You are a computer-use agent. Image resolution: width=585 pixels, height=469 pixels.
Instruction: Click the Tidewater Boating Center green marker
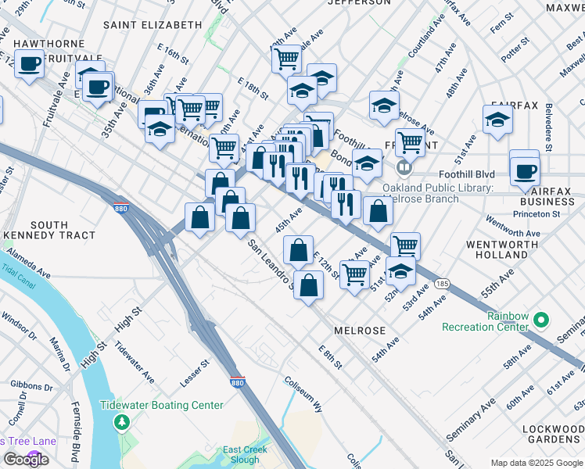click(x=121, y=423)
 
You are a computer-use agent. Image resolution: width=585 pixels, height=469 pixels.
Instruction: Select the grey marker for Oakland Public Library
click(x=404, y=168)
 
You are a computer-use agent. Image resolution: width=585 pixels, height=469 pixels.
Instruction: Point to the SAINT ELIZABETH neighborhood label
click(x=153, y=25)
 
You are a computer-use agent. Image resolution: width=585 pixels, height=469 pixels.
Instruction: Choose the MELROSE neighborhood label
click(x=360, y=331)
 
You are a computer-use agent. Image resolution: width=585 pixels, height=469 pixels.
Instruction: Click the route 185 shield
click(x=443, y=283)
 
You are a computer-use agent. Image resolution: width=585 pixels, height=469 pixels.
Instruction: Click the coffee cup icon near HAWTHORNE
click(x=29, y=64)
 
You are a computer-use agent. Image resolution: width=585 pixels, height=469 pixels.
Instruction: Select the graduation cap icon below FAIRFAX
click(x=497, y=120)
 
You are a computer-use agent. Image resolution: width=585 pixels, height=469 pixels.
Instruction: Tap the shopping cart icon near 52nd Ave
click(x=405, y=245)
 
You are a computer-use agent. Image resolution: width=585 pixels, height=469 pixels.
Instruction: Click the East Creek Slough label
click(x=241, y=454)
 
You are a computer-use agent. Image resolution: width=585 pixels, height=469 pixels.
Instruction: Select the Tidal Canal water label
click(x=18, y=270)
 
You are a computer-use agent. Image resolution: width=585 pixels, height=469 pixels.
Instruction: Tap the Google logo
click(x=26, y=460)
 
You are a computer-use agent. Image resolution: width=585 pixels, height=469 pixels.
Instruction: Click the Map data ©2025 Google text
click(x=536, y=463)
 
